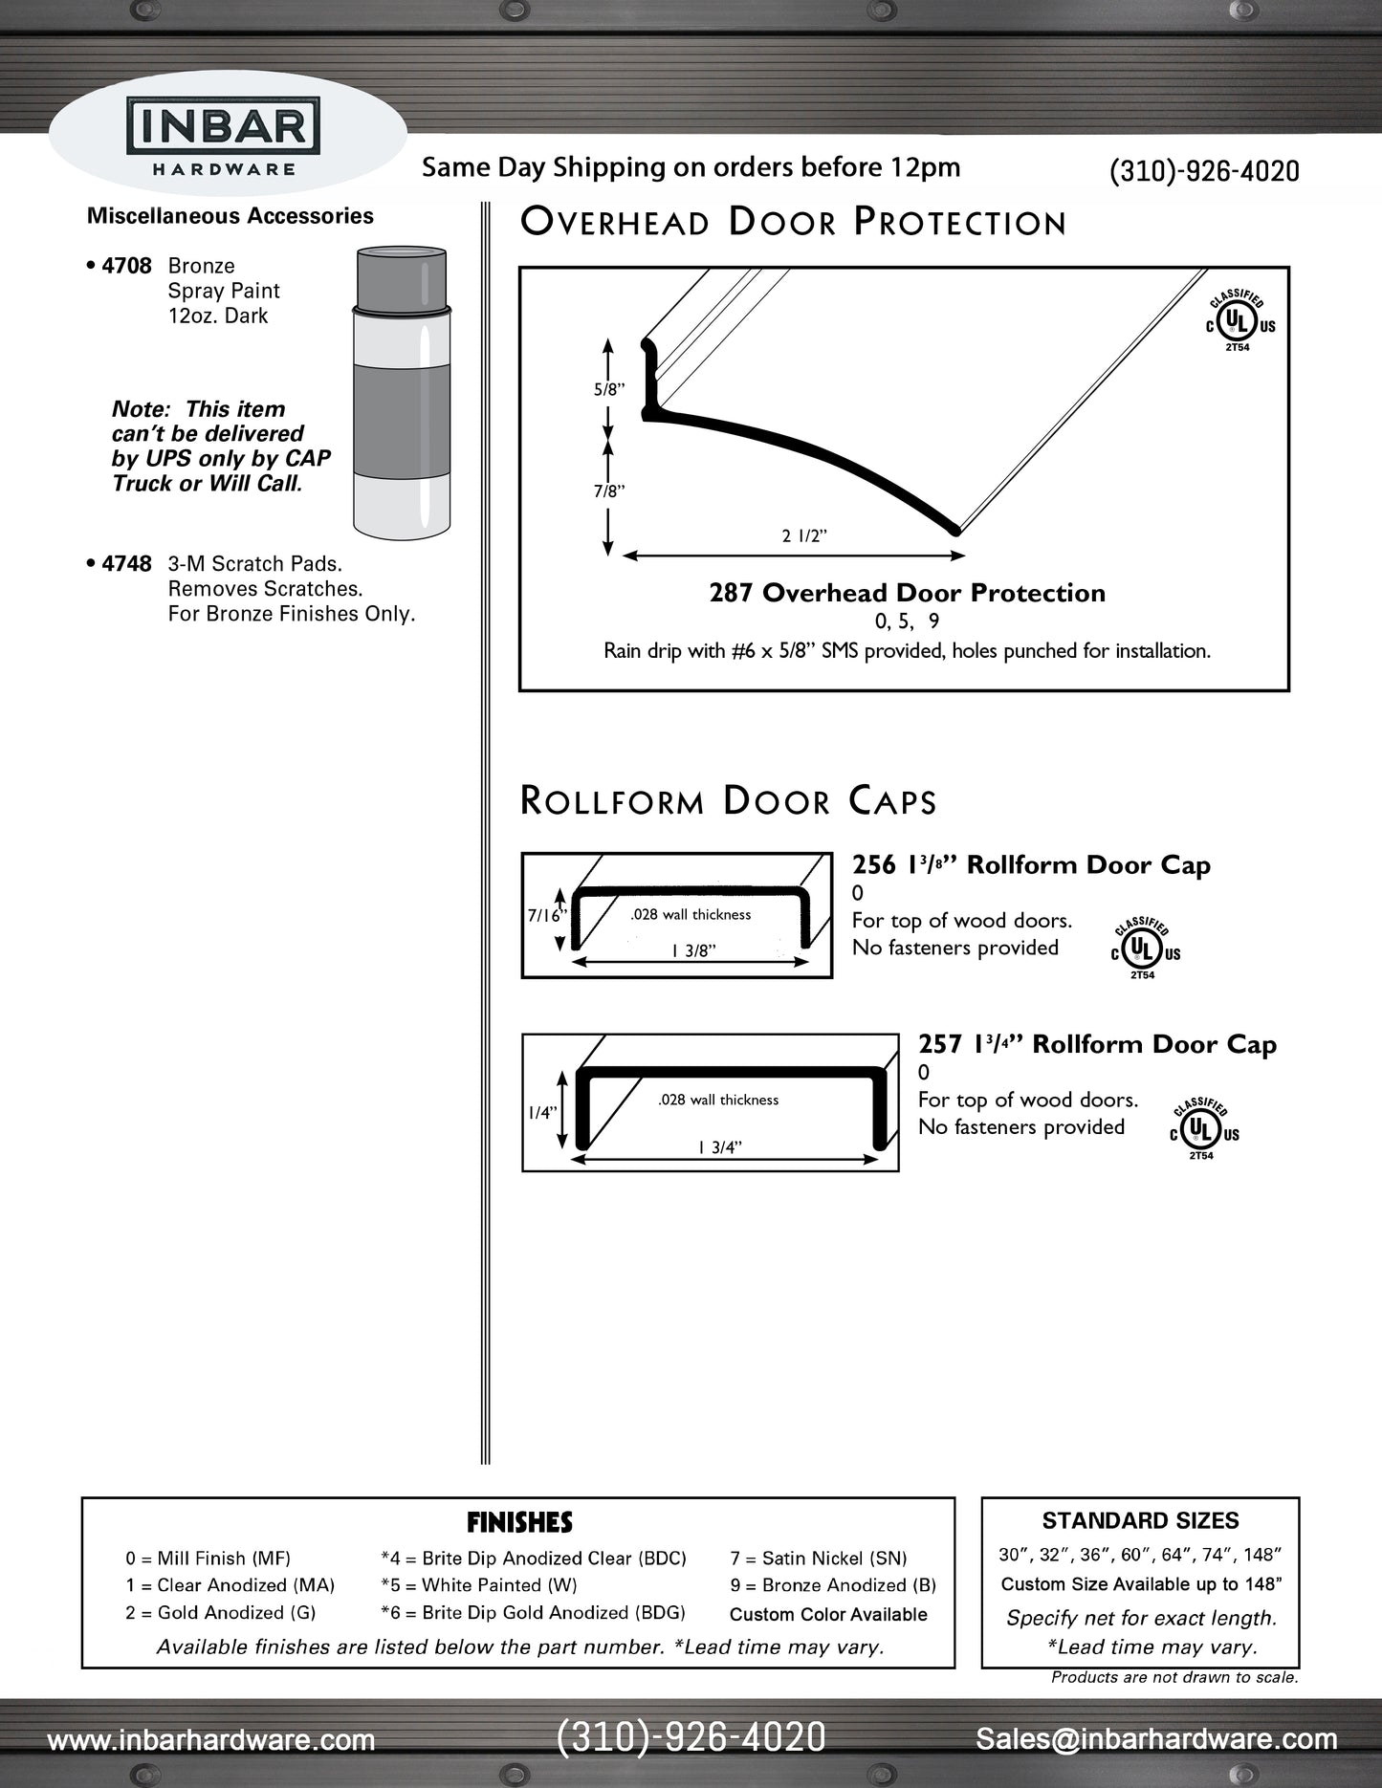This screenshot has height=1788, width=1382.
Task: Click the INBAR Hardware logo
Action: click(224, 139)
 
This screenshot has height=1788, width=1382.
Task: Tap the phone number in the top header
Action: click(1203, 171)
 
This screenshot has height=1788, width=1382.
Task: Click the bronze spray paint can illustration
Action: click(401, 392)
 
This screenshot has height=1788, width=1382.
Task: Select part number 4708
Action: click(126, 266)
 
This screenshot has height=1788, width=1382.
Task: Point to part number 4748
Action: click(126, 564)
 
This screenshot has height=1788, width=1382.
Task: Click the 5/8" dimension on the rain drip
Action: click(609, 390)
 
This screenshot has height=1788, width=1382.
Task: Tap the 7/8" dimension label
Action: click(609, 491)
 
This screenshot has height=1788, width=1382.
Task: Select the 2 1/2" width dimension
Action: click(803, 536)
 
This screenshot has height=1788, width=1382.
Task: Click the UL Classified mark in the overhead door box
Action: click(1239, 322)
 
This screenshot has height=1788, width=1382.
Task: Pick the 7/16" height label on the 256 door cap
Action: click(546, 915)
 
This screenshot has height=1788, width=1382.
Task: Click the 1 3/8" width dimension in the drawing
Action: click(693, 950)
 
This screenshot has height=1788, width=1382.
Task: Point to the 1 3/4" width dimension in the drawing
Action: click(720, 1147)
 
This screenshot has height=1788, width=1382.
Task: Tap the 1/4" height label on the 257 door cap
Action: click(541, 1113)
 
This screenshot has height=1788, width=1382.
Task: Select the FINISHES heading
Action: click(519, 1522)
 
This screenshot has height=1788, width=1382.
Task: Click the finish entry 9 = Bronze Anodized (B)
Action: click(832, 1585)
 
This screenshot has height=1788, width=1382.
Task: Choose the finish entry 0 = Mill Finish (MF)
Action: click(208, 1559)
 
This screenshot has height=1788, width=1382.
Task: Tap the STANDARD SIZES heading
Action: click(1140, 1521)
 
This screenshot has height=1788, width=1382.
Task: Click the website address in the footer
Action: click(211, 1740)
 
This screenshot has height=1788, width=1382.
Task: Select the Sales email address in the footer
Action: click(1156, 1739)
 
